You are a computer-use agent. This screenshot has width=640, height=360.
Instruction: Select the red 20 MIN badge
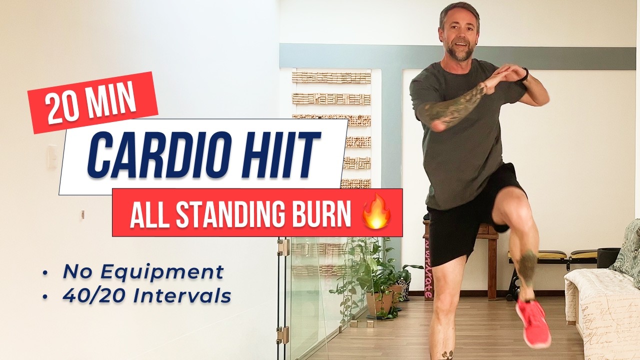coord(92,103)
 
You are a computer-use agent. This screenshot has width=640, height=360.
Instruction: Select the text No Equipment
coord(143,272)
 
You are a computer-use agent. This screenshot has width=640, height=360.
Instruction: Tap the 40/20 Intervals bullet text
coord(146,296)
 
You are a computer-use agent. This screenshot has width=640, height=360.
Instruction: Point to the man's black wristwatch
coord(523,75)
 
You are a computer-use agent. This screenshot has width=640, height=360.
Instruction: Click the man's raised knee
coord(505,210)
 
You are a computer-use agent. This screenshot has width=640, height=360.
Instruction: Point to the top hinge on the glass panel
coord(284,247)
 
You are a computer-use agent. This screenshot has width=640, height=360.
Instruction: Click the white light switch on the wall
coord(52,156)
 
